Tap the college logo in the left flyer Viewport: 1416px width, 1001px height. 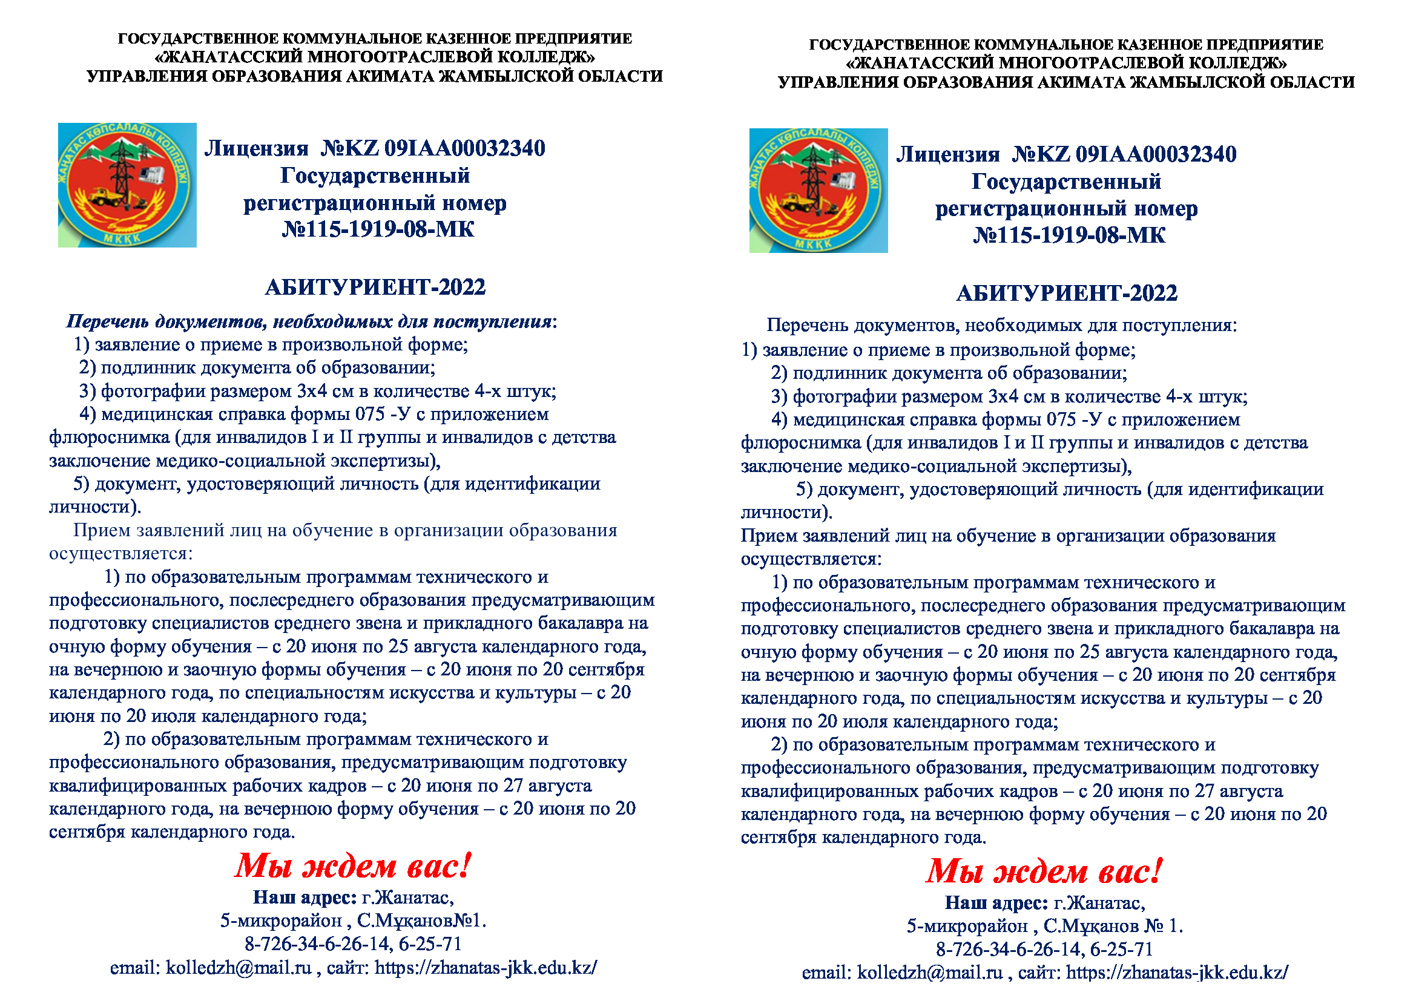point(127,185)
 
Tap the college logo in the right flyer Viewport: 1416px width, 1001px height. point(818,191)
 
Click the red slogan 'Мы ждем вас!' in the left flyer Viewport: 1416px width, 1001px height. point(353,866)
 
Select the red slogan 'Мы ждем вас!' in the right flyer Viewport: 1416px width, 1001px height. point(1044,871)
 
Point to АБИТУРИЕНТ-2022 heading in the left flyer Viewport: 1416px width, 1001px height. point(375,287)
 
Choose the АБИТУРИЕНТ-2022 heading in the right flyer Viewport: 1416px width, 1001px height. point(1066,293)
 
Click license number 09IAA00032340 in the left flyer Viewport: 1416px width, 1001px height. point(464,148)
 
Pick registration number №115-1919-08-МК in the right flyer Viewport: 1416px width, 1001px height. point(1069,235)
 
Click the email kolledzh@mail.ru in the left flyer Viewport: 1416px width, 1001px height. point(239,968)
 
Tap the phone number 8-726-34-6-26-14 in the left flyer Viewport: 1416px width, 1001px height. point(318,944)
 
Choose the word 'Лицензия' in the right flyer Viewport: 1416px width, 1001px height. point(947,154)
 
